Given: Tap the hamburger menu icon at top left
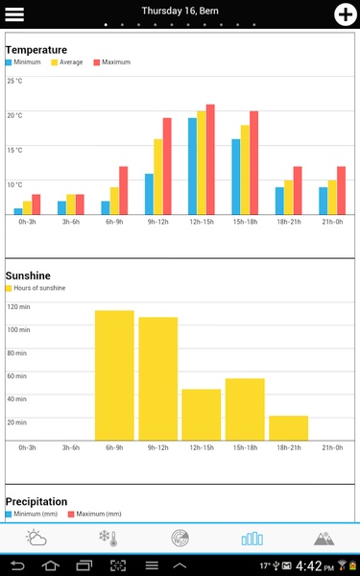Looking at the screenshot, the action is click(x=14, y=14).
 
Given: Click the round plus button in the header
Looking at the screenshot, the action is click(x=346, y=14).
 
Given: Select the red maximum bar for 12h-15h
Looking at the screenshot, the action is click(x=210, y=159).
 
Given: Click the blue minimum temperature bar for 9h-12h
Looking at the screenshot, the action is click(x=149, y=194).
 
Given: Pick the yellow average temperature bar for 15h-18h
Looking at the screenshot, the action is click(x=245, y=170).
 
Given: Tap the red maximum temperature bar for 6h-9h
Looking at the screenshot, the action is click(x=124, y=191).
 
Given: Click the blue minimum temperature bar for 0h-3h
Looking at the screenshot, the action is click(x=18, y=211).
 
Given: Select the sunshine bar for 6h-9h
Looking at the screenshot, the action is click(x=114, y=375).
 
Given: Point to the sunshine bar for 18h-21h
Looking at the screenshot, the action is click(x=289, y=428).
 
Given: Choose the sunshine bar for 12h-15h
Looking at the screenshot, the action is click(x=202, y=415).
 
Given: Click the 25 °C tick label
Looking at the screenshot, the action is click(x=14, y=81).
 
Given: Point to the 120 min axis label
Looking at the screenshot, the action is click(x=18, y=307).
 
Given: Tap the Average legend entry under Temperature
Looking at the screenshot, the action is click(x=67, y=62).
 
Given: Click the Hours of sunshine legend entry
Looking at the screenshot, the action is click(x=36, y=288).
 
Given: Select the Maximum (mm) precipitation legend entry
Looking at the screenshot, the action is click(x=95, y=514).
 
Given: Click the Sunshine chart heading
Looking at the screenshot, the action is click(x=28, y=276).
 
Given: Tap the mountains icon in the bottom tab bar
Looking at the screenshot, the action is click(x=324, y=539).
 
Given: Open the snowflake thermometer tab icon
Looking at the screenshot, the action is click(x=108, y=539).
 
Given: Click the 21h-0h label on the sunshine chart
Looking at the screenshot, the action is click(x=332, y=447).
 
